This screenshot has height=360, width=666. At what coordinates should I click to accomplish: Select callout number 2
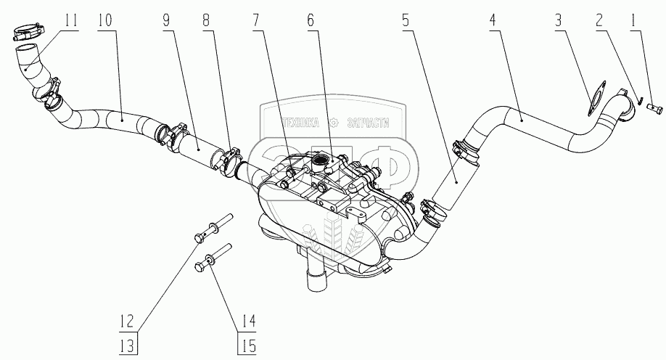(x=600, y=20)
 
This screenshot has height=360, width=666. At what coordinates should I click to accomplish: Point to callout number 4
(x=493, y=20)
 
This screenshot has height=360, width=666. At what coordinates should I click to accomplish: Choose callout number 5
(x=404, y=20)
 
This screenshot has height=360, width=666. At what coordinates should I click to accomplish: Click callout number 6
(x=311, y=20)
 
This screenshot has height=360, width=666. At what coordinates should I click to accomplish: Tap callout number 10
(x=104, y=20)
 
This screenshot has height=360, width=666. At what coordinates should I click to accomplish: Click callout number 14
(x=248, y=319)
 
